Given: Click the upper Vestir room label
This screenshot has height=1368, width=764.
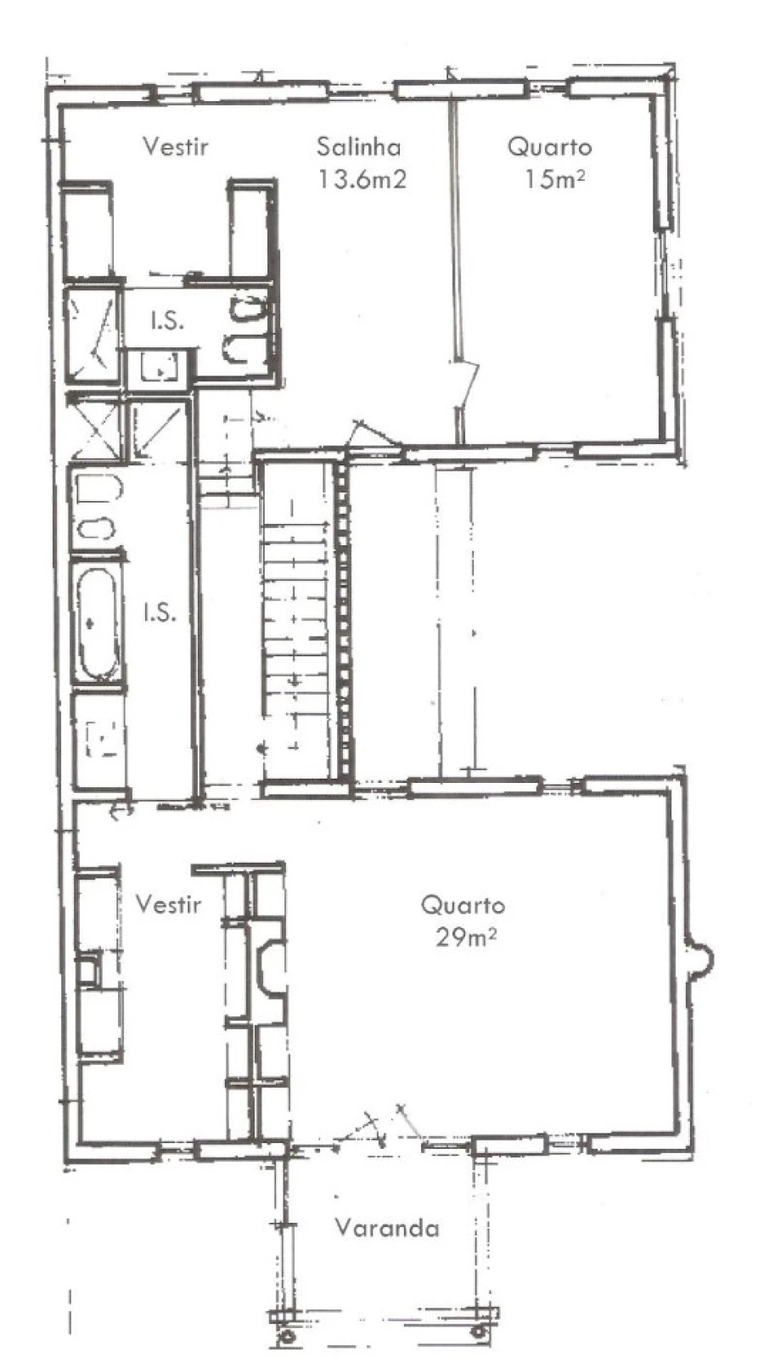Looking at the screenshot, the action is pos(175,147).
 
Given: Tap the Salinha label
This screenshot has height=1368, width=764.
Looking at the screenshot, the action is pos(358,147).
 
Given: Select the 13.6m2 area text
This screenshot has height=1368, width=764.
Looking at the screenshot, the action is pos(362,179).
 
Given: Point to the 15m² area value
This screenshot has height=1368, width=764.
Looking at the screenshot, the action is pos(554,179).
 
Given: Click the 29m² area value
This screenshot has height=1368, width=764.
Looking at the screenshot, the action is pos(465,937).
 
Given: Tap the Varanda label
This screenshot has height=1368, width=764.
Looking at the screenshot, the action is pos(387,1228).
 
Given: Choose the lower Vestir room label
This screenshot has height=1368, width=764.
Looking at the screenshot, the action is pos(168,904).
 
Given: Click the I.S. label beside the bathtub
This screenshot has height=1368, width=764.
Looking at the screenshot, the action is pos(160,611).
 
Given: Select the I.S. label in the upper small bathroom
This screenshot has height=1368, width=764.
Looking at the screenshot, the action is pos(167,321).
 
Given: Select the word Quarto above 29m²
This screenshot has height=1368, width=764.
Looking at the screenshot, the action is pos(463,904).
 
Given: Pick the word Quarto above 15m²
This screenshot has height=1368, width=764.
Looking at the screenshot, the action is pos(549,147).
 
